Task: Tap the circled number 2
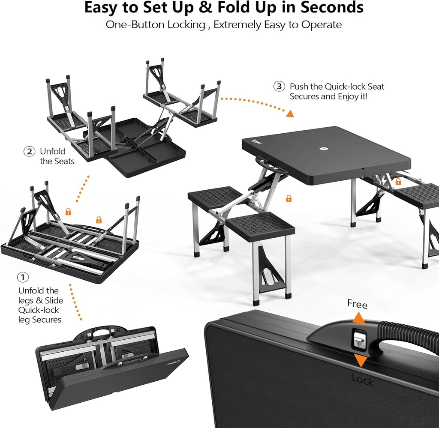(29, 151)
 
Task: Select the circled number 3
(279, 87)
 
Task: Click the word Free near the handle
(357, 305)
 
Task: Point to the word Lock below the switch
(362, 380)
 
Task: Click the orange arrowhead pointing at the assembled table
(290, 114)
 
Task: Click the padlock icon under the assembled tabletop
(289, 198)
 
